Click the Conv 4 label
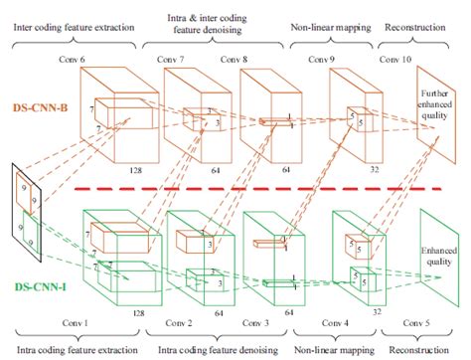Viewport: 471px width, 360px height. (x=340, y=324)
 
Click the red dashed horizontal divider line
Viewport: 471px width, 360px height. (x=258, y=187)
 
